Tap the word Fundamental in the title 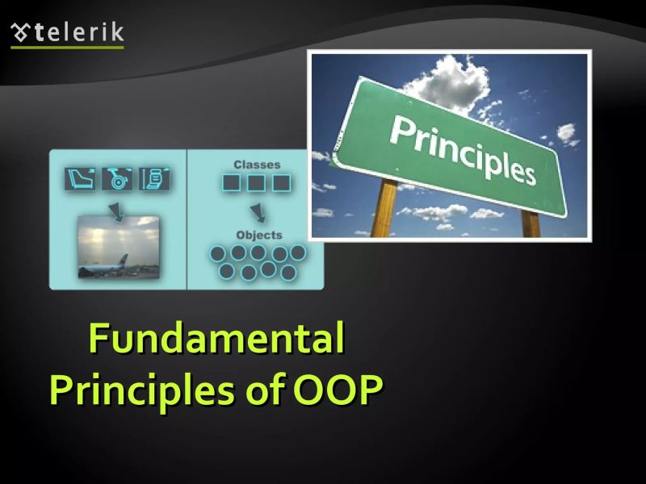tap(216, 339)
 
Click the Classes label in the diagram tap(257, 165)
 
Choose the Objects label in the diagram tap(258, 235)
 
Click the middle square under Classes tap(256, 183)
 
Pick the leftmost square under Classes tap(232, 183)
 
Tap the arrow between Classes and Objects tap(258, 213)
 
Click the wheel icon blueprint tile tap(117, 178)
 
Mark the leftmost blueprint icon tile tap(81, 178)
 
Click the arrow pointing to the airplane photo tap(119, 211)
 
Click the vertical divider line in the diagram tap(187, 219)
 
